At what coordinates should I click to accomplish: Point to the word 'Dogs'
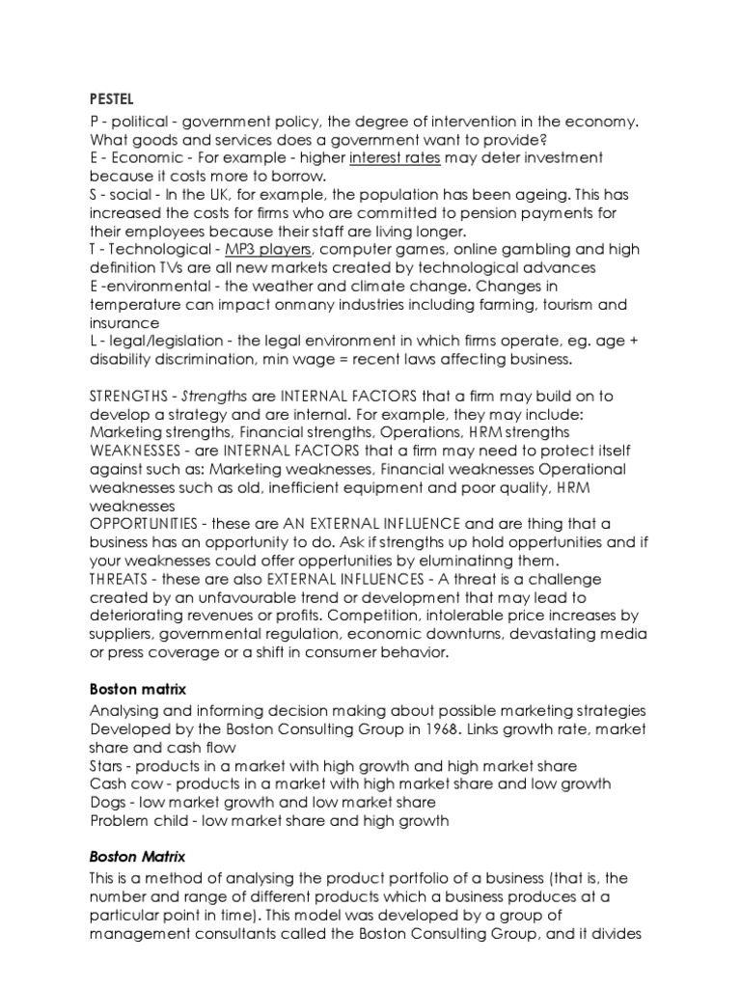[109, 801]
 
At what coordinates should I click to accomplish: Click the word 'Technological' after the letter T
[163, 250]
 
